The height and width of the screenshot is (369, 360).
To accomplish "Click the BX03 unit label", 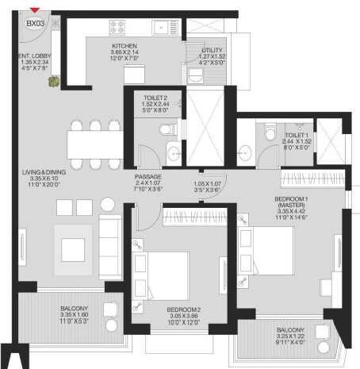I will point(34,25).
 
